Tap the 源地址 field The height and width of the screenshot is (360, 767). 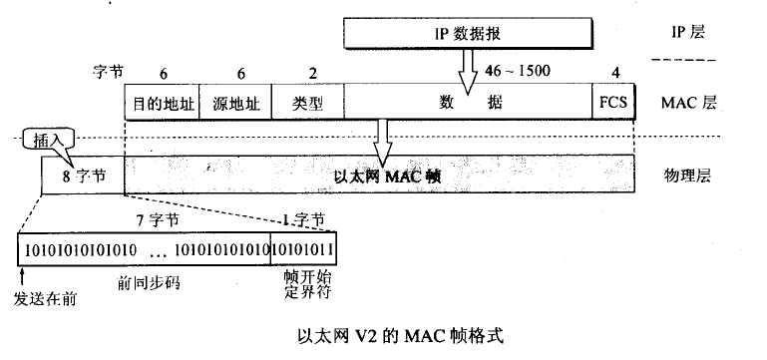tap(236, 103)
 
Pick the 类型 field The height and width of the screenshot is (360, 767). tap(307, 103)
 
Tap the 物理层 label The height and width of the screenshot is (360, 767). tap(687, 177)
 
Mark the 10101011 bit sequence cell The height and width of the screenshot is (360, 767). tap(302, 247)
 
